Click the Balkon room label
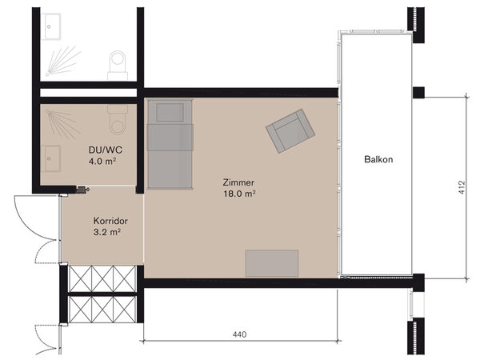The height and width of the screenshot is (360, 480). point(378,159)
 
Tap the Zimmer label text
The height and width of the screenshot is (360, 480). point(238,182)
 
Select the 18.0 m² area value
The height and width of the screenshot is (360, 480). point(239,194)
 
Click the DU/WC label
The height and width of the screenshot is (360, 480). point(106,150)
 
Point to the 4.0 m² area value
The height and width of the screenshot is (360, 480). point(102,161)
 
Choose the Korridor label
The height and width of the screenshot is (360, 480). point(110,221)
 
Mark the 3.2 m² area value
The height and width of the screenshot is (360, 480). point(107,232)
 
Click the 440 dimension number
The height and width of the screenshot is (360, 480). point(239,334)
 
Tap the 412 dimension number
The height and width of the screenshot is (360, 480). point(462,187)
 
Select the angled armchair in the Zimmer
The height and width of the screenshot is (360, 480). point(290,130)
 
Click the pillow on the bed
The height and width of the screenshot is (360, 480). point(170,112)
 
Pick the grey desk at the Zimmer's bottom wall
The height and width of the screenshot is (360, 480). point(272,263)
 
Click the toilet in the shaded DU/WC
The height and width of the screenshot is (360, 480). point(118,120)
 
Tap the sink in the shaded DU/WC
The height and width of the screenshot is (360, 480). point(51,158)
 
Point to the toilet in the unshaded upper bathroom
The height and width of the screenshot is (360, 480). point(118,66)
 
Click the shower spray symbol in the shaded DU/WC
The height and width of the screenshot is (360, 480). point(62,123)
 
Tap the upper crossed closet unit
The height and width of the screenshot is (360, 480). point(102,278)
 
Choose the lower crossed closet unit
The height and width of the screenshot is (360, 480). point(102,309)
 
